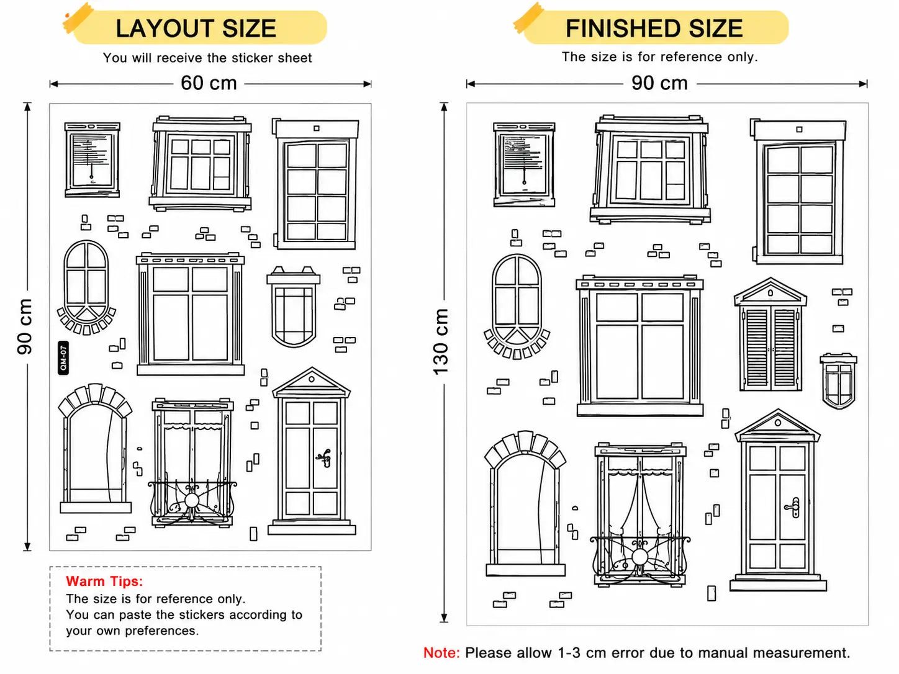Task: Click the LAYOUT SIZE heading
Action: [196, 28]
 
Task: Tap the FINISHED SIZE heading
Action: [654, 28]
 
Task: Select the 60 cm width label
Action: [209, 83]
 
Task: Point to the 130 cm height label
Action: [441, 342]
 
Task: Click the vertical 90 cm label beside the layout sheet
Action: [25, 326]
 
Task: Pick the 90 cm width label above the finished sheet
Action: [659, 83]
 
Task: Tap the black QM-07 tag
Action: [63, 357]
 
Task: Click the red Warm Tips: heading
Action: [104, 581]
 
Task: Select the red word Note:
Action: [441, 653]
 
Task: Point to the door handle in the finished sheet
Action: [793, 508]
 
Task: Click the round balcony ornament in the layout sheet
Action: [191, 500]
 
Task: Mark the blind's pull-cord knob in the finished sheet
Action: [524, 182]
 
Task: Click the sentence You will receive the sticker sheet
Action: [207, 58]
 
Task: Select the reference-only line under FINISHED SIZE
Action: [659, 56]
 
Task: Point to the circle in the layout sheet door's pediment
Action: [312, 379]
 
